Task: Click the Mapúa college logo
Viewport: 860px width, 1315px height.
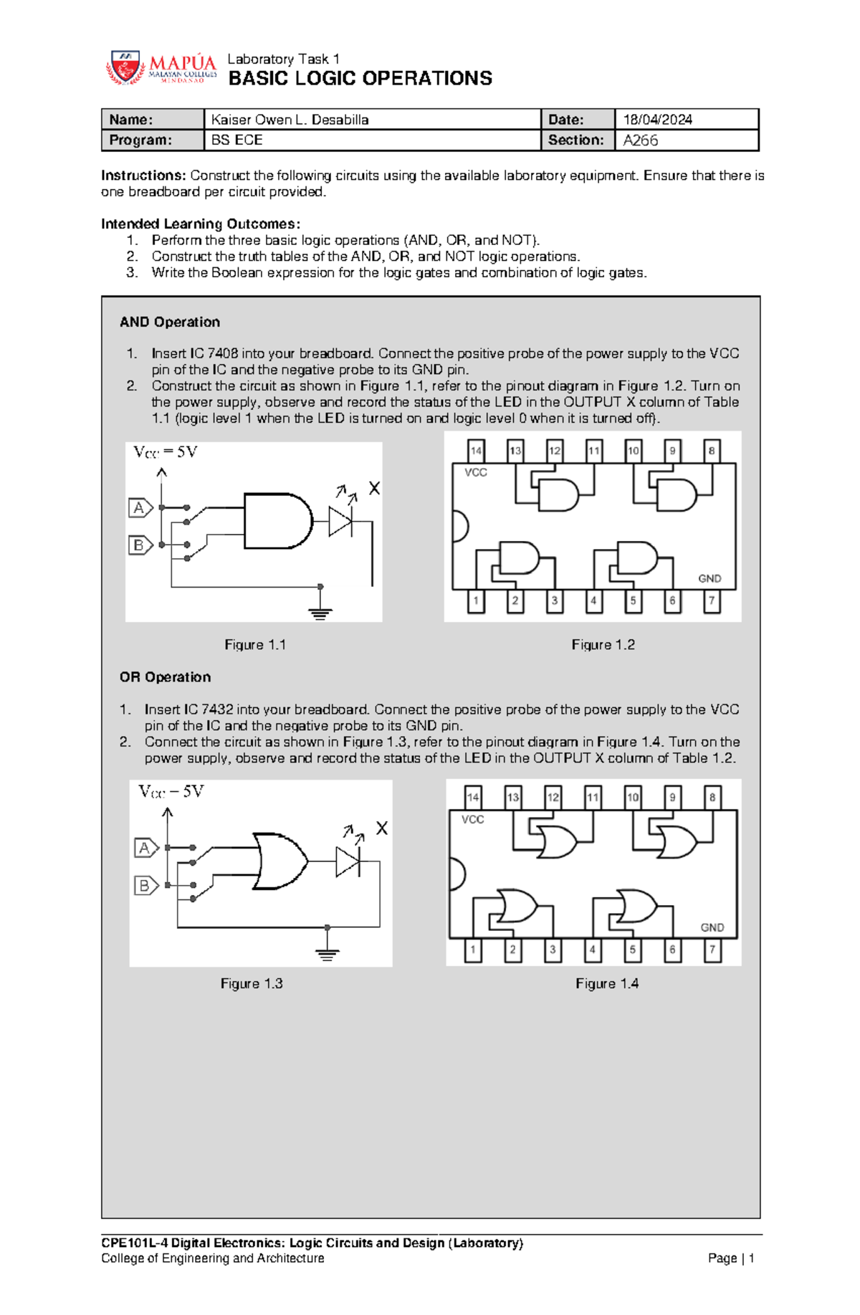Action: pos(161,68)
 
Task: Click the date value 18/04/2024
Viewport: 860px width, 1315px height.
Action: pos(657,120)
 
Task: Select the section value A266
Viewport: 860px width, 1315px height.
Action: pos(640,140)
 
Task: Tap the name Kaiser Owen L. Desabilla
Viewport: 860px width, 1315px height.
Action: pos(290,120)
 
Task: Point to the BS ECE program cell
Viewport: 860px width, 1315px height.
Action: pos(236,140)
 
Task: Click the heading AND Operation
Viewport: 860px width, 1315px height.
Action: pos(170,322)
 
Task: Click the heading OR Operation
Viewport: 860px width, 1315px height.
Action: pos(165,677)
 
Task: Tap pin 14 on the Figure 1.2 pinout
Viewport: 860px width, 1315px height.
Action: pos(476,451)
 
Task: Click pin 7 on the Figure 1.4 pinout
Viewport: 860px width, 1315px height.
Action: pos(712,950)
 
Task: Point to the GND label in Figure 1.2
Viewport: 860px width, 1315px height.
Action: pos(709,578)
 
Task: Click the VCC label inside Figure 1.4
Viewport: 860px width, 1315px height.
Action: pos(473,819)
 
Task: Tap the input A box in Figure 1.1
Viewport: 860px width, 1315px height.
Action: pos(140,508)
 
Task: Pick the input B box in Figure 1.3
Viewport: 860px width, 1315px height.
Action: pos(145,886)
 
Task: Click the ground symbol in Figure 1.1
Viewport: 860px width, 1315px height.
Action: pos(320,613)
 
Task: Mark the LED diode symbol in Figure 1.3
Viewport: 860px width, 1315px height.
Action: pos(348,861)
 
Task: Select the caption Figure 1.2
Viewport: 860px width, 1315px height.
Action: pos(603,645)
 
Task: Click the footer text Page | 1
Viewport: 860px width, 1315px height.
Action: pos(730,1258)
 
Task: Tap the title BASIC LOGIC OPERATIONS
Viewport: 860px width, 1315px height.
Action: pos(360,78)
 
